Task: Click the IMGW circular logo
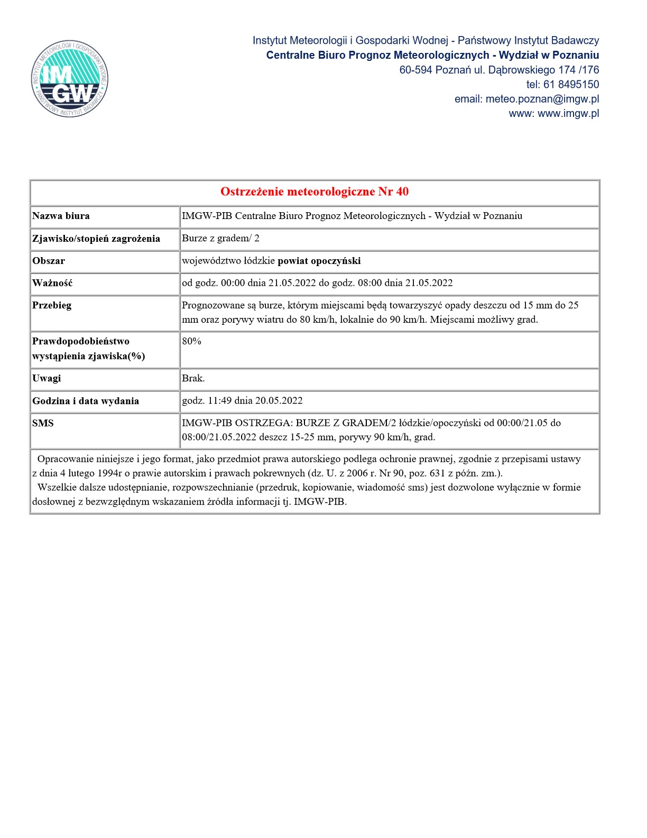point(70,79)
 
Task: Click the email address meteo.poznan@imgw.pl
point(542,99)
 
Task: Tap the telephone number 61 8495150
point(571,84)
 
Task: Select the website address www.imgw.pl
point(568,113)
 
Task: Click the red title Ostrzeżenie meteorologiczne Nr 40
point(315,192)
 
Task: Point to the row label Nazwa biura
point(61,216)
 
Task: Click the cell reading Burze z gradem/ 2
point(220,238)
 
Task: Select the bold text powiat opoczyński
point(319,261)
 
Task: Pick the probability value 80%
point(192,341)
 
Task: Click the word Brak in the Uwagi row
point(193,378)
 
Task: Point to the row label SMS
point(43,423)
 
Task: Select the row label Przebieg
point(52,305)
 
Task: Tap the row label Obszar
point(49,261)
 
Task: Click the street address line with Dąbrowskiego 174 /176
point(499,70)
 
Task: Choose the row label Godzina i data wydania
point(86,401)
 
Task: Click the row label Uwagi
point(47,378)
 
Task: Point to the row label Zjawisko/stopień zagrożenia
point(96,239)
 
